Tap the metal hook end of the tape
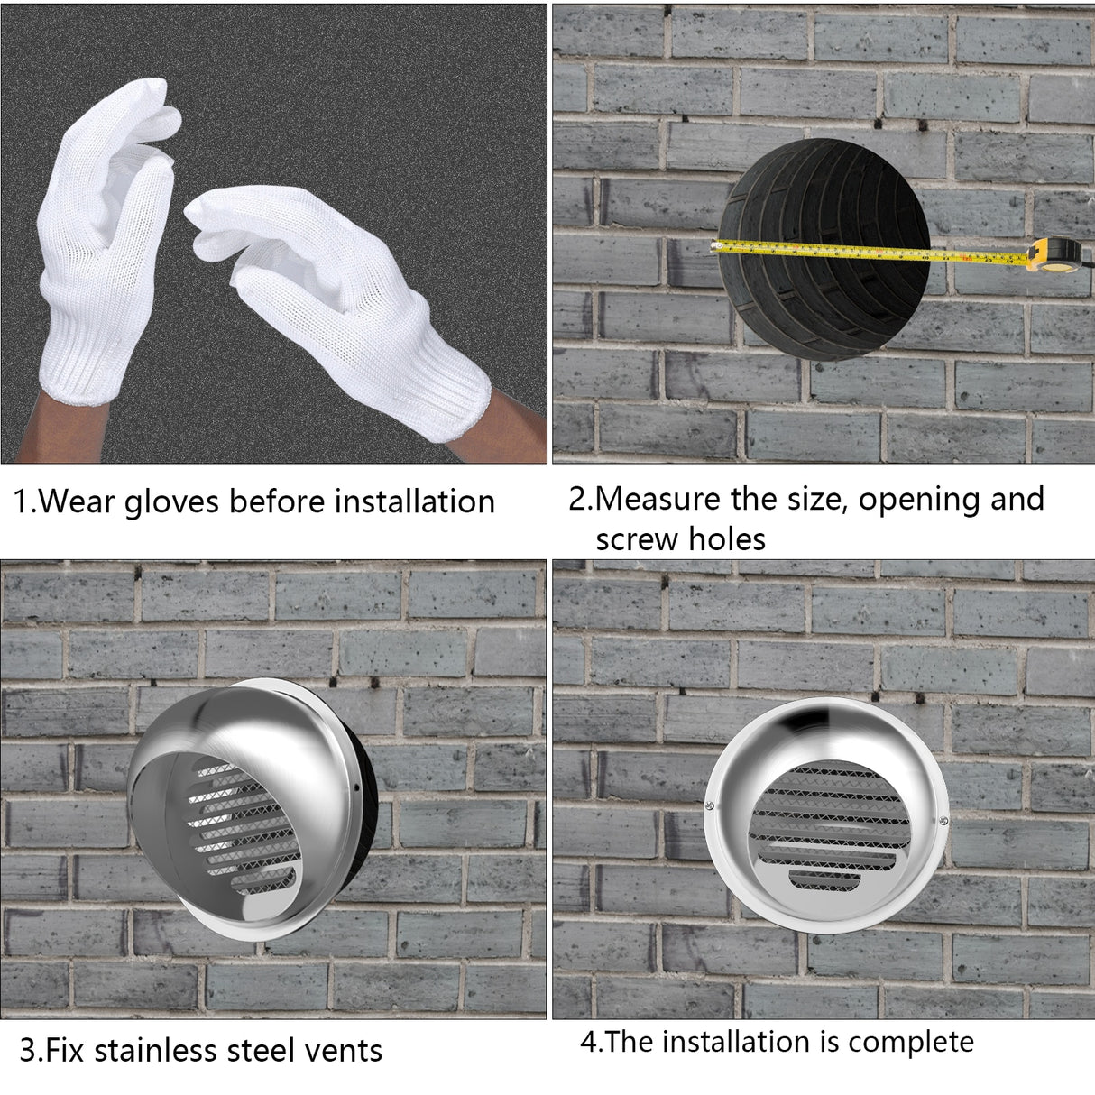(x=719, y=244)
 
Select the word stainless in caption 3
(x=167, y=1051)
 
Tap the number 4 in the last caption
(x=588, y=1042)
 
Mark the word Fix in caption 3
(x=65, y=1051)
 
